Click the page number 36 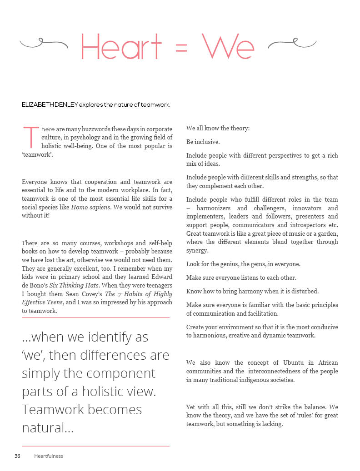point(17,456)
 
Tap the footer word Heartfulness point(49,456)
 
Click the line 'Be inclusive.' point(203,142)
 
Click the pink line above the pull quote point(95,317)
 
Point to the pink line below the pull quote point(95,446)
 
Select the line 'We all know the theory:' point(218,129)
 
